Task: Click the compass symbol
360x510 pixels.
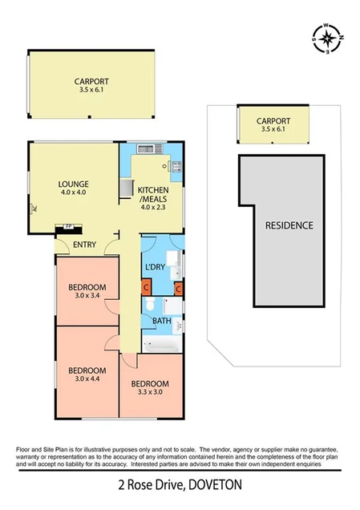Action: pos(327,38)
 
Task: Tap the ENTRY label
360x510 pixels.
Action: pos(85,245)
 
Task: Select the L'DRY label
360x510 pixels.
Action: pos(155,266)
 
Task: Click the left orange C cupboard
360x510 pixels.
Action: pos(146,287)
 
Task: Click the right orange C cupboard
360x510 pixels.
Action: pos(178,287)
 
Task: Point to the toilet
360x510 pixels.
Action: pos(150,306)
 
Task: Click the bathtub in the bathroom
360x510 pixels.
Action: pos(158,345)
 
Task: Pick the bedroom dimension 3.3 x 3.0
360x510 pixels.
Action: pos(150,393)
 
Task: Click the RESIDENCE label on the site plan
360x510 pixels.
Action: pos(289,225)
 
